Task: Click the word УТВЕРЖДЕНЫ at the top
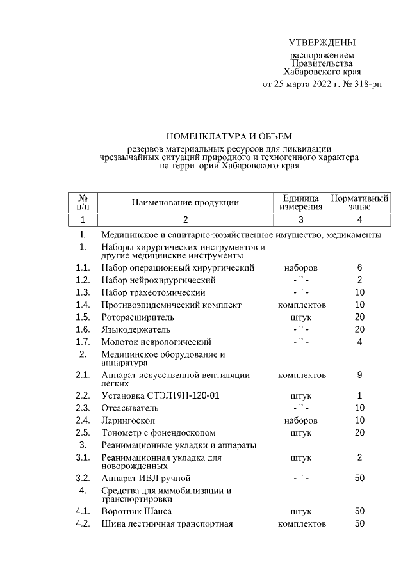pyautogui.click(x=322, y=43)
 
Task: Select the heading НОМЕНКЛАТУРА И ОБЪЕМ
pyautogui.click(x=229, y=136)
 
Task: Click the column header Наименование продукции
pyautogui.click(x=185, y=202)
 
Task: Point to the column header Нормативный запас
pyautogui.click(x=359, y=202)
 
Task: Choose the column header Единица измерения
pyautogui.click(x=300, y=202)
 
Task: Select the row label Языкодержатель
pyautogui.click(x=136, y=329)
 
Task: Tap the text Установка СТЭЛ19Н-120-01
pyautogui.click(x=160, y=395)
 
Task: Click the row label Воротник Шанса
pyautogui.click(x=136, y=512)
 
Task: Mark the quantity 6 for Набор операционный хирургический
pyautogui.click(x=360, y=267)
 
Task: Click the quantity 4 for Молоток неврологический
pyautogui.click(x=360, y=342)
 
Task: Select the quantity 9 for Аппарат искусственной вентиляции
pyautogui.click(x=360, y=375)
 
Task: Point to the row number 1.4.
pyautogui.click(x=83, y=305)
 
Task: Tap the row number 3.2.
pyautogui.click(x=83, y=478)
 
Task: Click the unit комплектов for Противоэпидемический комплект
pyautogui.click(x=301, y=305)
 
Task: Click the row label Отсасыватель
pyautogui.click(x=130, y=408)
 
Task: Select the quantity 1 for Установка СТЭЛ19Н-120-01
pyautogui.click(x=360, y=395)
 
